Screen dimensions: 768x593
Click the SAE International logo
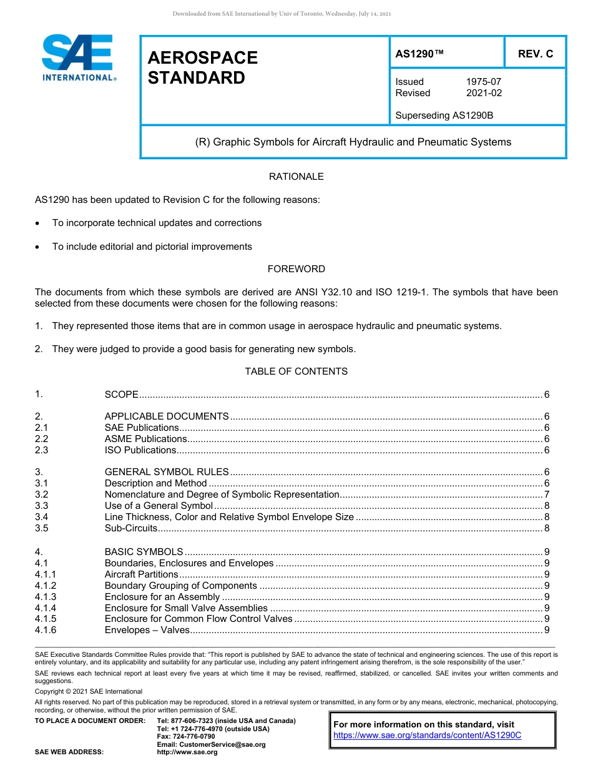[x=77, y=57]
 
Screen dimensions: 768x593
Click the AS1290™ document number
[x=419, y=54]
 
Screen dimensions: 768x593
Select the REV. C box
[x=535, y=54]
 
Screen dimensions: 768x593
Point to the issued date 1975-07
[x=483, y=82]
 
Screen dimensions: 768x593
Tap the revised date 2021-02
[x=484, y=93]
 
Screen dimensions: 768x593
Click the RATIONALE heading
[x=296, y=177]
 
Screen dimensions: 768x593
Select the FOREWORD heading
[x=296, y=269]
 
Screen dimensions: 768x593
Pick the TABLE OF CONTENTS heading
[x=296, y=372]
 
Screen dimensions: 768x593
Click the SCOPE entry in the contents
[x=121, y=395]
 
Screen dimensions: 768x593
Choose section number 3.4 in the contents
[x=42, y=517]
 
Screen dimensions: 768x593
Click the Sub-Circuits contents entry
[x=131, y=528]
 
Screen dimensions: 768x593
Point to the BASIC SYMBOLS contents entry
[x=144, y=552]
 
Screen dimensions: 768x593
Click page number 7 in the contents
[x=547, y=495]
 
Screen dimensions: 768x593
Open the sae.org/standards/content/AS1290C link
[x=427, y=736]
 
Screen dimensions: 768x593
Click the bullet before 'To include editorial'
[x=39, y=247]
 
